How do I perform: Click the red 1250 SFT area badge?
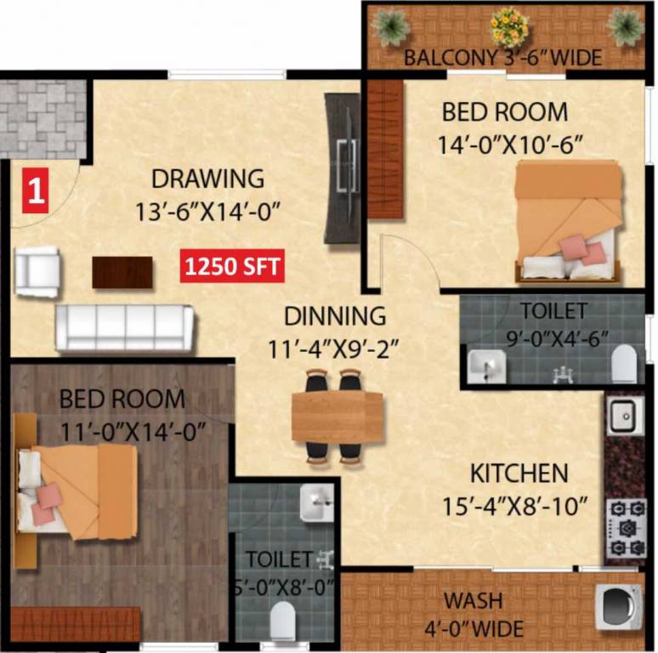point(231,266)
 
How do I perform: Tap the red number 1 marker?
point(34,189)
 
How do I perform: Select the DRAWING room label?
point(207,179)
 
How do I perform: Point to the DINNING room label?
point(334,315)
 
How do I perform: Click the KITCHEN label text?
point(519,473)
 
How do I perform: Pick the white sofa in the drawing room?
point(125,326)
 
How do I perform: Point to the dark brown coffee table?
point(122,271)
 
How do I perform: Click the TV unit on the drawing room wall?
point(343,167)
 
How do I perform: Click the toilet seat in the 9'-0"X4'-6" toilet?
point(623,363)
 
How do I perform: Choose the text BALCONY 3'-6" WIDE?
point(502,59)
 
